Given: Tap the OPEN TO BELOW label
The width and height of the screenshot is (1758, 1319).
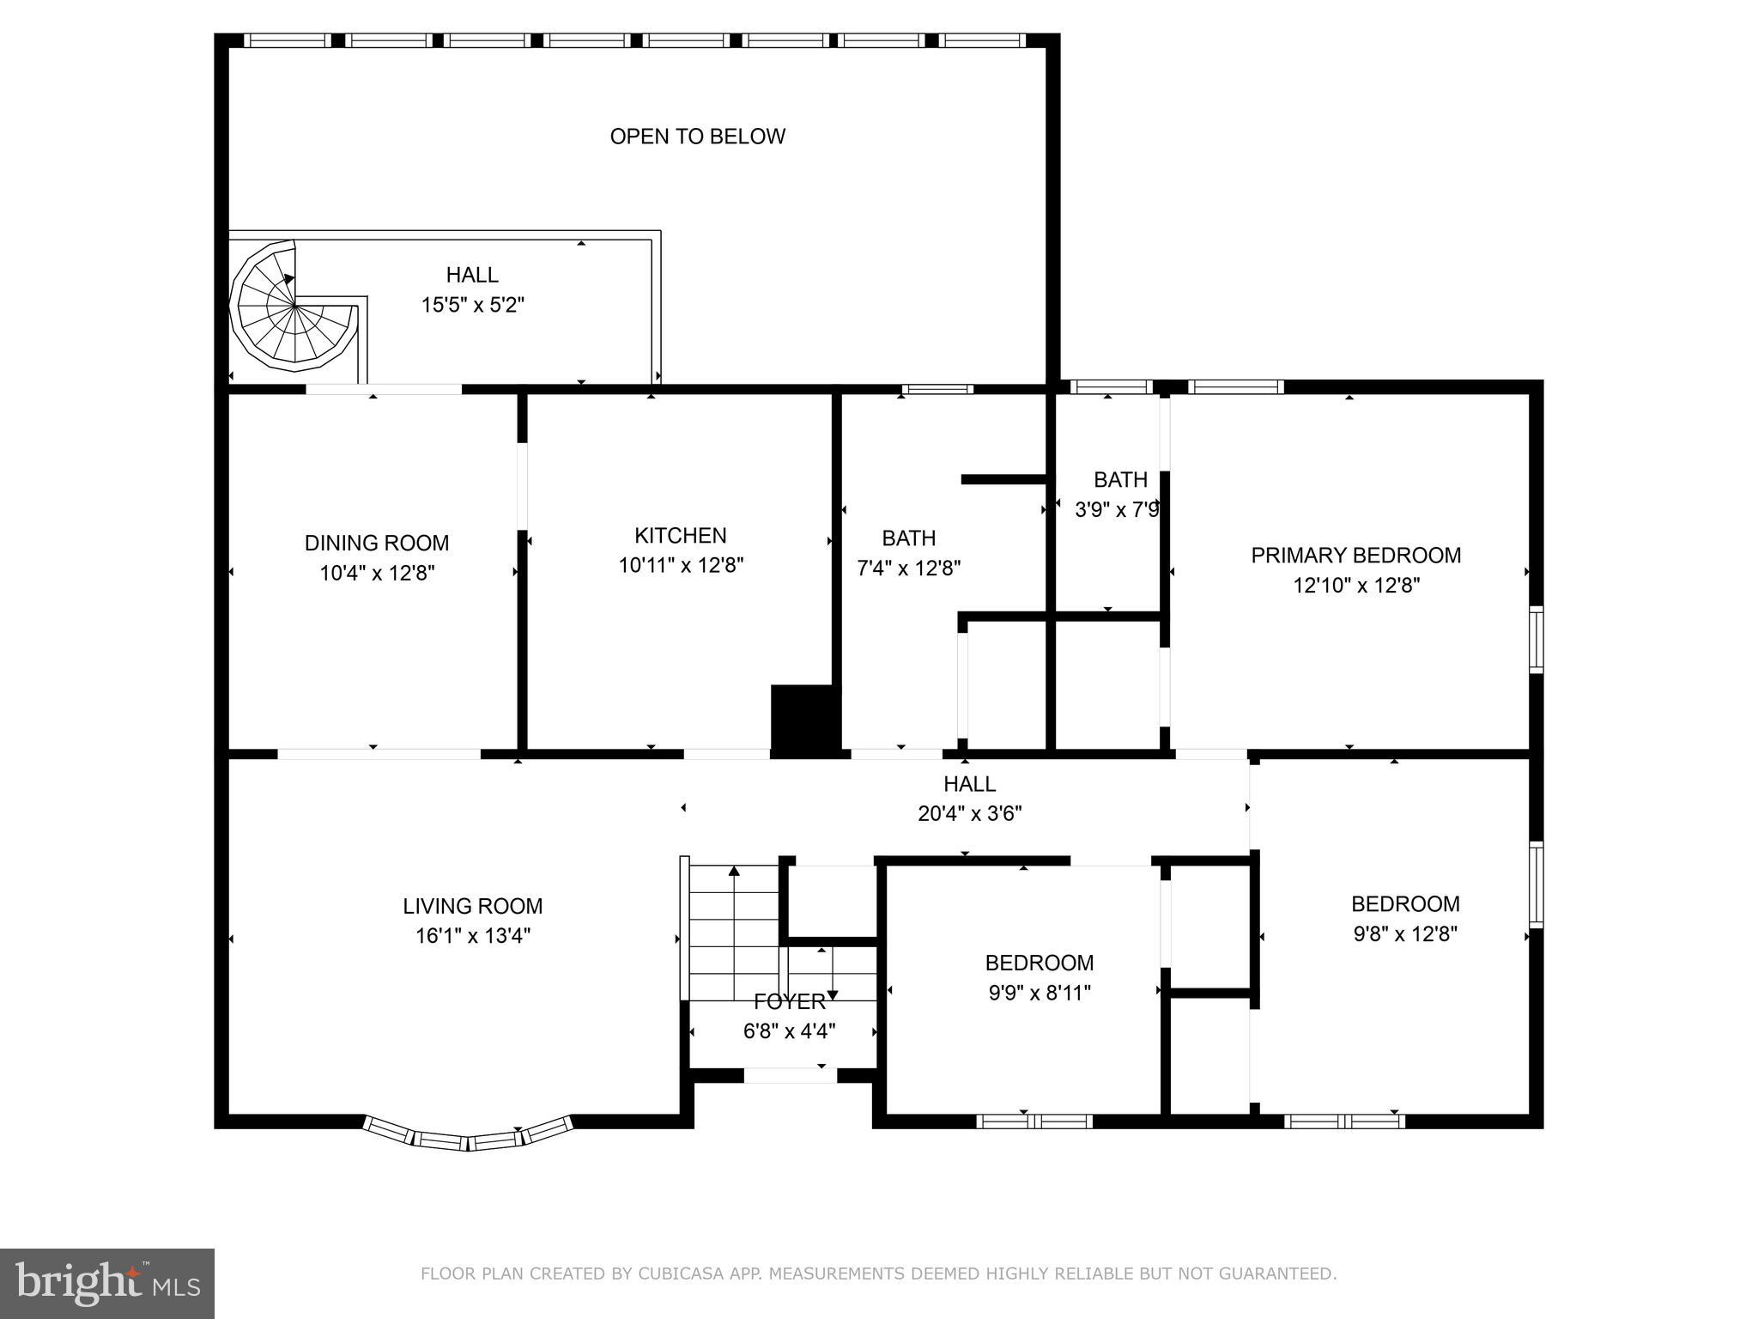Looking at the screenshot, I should click(697, 137).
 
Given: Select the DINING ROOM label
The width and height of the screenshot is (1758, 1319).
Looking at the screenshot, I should click(376, 543).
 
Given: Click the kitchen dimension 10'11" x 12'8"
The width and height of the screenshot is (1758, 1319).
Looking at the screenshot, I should click(681, 565).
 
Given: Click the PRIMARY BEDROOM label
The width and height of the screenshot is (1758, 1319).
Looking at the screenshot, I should click(1355, 556).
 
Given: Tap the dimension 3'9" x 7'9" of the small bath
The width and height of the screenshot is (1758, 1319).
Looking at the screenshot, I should click(1118, 510).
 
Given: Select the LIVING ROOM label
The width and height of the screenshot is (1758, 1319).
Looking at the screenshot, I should click(472, 906).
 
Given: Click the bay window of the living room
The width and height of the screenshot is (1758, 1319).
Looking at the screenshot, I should click(468, 1135).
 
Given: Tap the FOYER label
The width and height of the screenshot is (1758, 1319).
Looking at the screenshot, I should click(789, 1001).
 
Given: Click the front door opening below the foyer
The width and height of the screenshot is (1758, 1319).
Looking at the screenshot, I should click(790, 1075).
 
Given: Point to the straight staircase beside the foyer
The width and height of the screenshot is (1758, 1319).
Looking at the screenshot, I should click(734, 932).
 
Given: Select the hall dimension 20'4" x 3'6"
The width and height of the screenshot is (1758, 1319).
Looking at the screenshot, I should click(969, 813).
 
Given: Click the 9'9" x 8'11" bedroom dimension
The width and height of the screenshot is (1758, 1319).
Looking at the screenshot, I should click(1040, 993).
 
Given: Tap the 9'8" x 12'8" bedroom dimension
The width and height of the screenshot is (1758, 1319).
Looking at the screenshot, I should click(1404, 933).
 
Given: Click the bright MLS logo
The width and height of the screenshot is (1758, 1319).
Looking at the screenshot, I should click(106, 1283).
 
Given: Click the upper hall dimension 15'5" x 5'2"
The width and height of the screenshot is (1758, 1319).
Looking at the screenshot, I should click(472, 305).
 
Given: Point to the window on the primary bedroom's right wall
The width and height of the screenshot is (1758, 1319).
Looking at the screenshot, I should click(1536, 639).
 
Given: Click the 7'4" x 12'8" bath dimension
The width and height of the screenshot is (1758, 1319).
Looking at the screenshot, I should click(908, 568).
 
